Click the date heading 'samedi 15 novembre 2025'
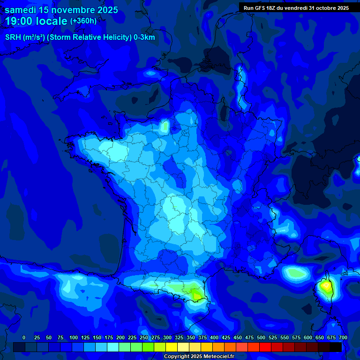(x=61, y=10)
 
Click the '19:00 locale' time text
(x=37, y=21)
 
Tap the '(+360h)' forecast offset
(x=83, y=21)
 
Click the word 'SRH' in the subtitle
(x=13, y=37)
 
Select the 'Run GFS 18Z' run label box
(x=296, y=8)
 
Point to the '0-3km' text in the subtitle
(x=144, y=37)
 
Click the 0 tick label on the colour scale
(x=24, y=337)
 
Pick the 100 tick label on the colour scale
(x=74, y=337)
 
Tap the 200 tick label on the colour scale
(x=120, y=337)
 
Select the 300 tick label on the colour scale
(x=167, y=337)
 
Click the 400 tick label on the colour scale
(x=214, y=337)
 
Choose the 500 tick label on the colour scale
(x=261, y=337)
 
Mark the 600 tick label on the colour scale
(x=308, y=337)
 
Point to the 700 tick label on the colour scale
(x=343, y=337)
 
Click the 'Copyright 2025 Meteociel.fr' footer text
(x=199, y=357)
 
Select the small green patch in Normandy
(x=165, y=126)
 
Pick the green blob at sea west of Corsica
(x=294, y=272)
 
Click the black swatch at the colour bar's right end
(x=336, y=347)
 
